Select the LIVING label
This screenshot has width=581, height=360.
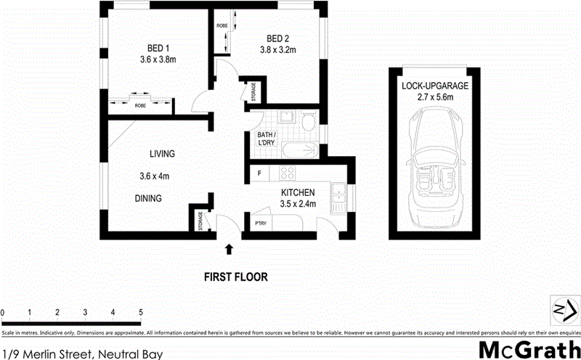click(x=162, y=154)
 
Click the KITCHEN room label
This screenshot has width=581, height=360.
click(x=298, y=192)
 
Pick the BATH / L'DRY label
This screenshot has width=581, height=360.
click(x=265, y=139)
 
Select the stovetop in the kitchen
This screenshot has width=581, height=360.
click(x=286, y=173)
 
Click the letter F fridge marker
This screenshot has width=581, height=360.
click(x=259, y=173)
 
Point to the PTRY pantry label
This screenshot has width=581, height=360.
click(x=260, y=224)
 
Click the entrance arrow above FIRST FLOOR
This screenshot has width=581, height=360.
click(x=229, y=250)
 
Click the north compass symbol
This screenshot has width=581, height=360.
click(x=561, y=309)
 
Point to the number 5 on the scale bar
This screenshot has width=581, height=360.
click(x=140, y=312)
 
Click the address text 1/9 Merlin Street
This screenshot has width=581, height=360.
click(x=81, y=354)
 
